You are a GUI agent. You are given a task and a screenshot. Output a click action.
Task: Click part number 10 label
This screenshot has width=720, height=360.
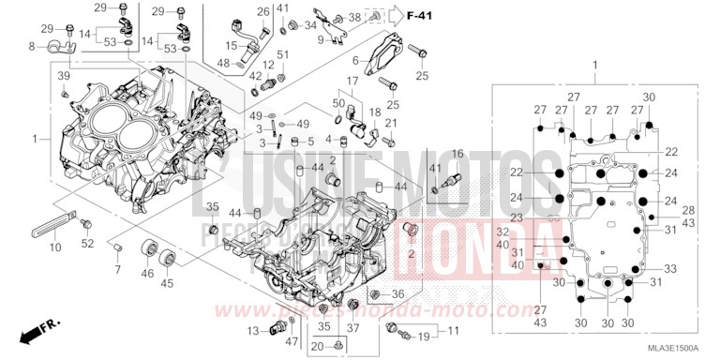pos(55,247)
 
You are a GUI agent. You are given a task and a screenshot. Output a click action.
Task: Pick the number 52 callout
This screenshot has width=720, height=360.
pos(87,244)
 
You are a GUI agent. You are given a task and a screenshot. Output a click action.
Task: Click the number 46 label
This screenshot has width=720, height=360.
pos(146,274)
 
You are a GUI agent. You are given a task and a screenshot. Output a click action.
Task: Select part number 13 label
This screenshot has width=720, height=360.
pos(253,331)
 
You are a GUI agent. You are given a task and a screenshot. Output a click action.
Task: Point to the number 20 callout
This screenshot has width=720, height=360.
pos(316,348)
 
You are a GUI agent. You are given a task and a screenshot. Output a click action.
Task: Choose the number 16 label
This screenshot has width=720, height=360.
pos(457,153)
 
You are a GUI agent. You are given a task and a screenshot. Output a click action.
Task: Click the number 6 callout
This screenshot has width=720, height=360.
pos(355,60)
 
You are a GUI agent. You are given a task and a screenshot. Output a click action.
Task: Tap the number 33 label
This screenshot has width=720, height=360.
pos(670,268)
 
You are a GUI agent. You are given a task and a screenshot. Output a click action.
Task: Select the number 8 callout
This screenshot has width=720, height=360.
pos(33,45)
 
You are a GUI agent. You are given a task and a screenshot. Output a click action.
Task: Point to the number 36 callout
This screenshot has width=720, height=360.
pos(397,294)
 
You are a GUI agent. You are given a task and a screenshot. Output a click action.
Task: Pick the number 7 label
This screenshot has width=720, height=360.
pos(118,270)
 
